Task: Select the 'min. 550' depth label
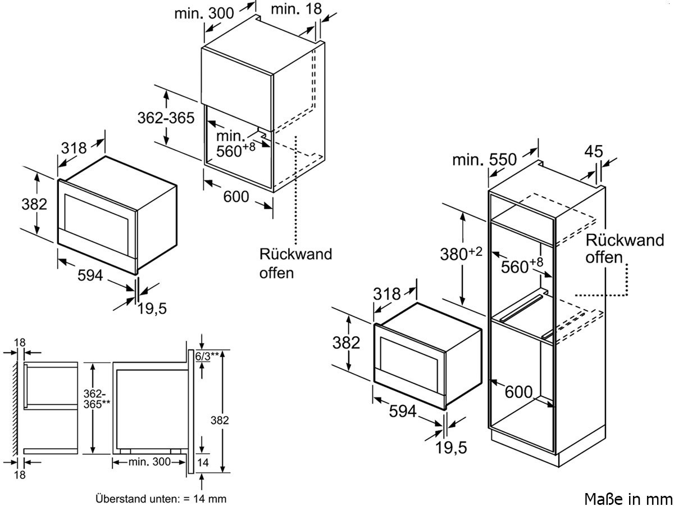[x=484, y=160]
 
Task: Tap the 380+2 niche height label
[x=461, y=254]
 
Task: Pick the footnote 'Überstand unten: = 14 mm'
[x=161, y=498]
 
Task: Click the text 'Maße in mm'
[x=628, y=498]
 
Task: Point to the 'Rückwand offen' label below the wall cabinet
[x=295, y=263]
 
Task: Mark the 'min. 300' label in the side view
[x=149, y=462]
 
